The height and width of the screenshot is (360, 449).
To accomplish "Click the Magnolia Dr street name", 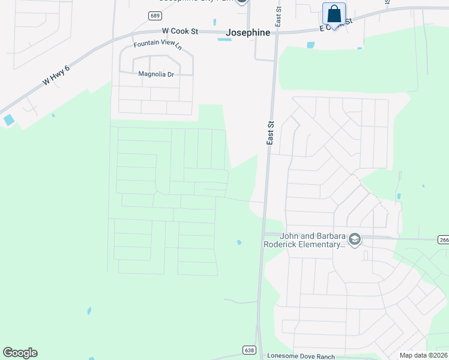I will click(x=155, y=74).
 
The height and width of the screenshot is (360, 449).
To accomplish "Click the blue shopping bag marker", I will click(x=334, y=14).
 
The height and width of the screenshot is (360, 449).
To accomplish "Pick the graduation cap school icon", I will click(x=354, y=240).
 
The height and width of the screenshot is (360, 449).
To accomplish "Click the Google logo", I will click(x=20, y=353).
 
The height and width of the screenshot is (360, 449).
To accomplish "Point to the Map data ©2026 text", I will click(x=423, y=355).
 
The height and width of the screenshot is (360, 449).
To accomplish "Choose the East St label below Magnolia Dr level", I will click(x=271, y=132).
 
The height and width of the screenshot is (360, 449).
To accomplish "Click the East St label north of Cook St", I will click(x=279, y=16).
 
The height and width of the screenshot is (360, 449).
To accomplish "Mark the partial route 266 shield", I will click(x=443, y=239).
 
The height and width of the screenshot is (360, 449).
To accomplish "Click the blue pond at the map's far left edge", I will click(x=8, y=120).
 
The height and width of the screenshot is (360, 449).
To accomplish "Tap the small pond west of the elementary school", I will click(x=239, y=242).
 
